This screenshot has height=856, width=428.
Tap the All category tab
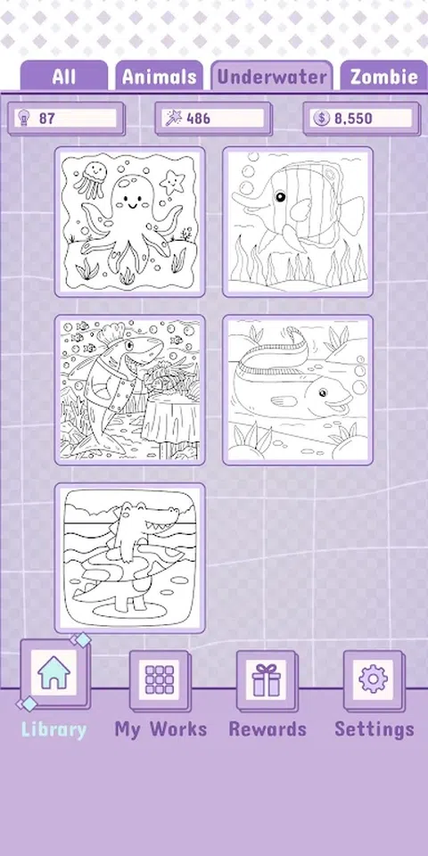pyautogui.click(x=64, y=76)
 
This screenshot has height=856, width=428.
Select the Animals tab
pyautogui.click(x=159, y=76)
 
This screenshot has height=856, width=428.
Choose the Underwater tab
pyautogui.click(x=272, y=76)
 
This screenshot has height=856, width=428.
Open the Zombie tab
pyautogui.click(x=384, y=76)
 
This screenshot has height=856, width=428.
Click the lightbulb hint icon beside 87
pyautogui.click(x=23, y=118)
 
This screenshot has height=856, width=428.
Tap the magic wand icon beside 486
pyautogui.click(x=173, y=118)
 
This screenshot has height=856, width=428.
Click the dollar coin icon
pyautogui.click(x=322, y=118)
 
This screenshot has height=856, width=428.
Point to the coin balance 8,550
pyautogui.click(x=353, y=118)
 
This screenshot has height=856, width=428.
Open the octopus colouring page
pyautogui.click(x=130, y=222)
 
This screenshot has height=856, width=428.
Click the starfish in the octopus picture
pyautogui.click(x=172, y=181)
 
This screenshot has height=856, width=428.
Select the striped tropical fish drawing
pyautogui.click(x=298, y=222)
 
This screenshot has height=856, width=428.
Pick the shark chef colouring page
pyautogui.click(x=130, y=390)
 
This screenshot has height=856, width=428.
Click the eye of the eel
pyautogui.click(x=323, y=392)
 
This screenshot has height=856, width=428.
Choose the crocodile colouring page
pyautogui.click(x=130, y=558)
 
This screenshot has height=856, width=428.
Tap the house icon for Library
pyautogui.click(x=53, y=672)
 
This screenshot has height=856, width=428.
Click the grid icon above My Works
pyautogui.click(x=160, y=679)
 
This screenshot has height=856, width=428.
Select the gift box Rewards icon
pyautogui.click(x=267, y=679)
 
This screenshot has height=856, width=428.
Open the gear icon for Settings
pyautogui.click(x=374, y=679)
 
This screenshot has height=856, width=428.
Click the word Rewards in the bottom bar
pyautogui.click(x=267, y=729)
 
